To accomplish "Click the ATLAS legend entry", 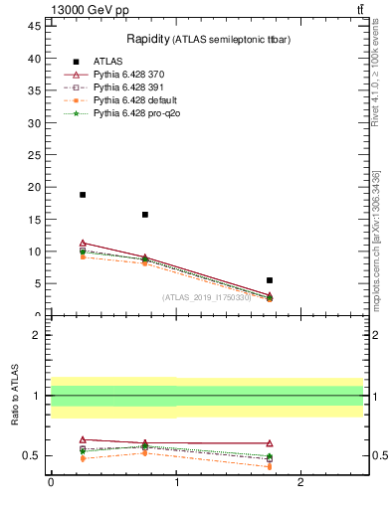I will (109, 61).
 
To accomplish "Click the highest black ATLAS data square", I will (83, 195).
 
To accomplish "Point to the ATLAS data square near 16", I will (145, 215).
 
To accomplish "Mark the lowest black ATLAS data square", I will (270, 280).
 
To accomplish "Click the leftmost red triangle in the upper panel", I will (83, 243).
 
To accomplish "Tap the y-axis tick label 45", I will (35, 27).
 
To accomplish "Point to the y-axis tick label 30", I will (35, 123).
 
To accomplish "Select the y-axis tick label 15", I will (35, 220).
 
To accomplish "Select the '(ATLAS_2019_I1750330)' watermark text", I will (207, 296).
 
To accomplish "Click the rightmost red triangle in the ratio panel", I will (270, 443).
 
